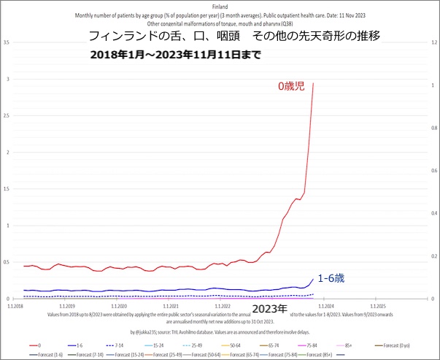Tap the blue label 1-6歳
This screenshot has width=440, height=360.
click(331, 277)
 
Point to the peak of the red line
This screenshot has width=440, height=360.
click(314, 83)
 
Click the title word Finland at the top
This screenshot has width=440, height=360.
click(220, 5)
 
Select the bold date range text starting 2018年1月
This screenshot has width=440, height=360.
click(175, 55)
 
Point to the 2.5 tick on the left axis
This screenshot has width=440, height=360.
click(7, 115)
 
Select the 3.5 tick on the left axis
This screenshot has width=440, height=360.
click(7, 42)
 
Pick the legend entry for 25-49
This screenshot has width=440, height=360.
click(193, 344)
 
